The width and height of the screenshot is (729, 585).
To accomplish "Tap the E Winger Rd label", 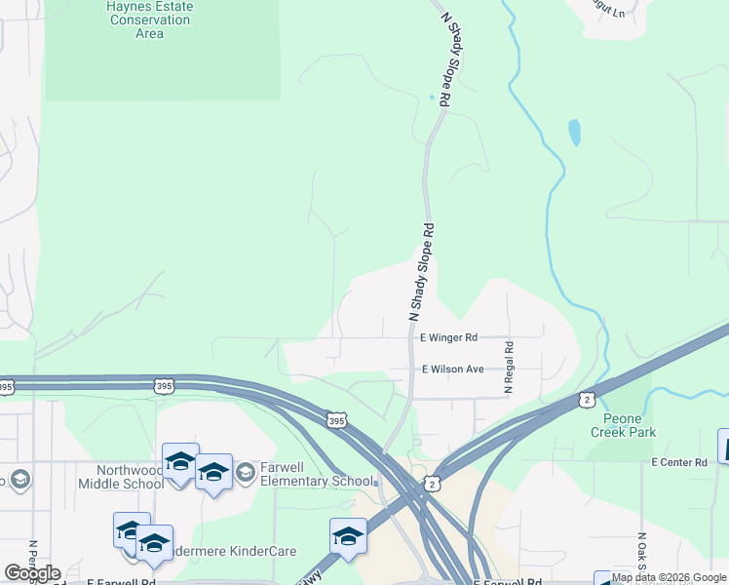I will (448, 337).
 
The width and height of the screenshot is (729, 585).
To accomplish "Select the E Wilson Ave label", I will (452, 370).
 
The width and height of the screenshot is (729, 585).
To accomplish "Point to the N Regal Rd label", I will (508, 367).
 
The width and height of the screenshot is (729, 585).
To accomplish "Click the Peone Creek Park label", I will (623, 425).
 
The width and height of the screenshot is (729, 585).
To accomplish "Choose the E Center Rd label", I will (679, 461).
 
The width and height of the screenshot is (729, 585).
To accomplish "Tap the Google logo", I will (32, 573).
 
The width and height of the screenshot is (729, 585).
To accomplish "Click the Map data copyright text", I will (670, 578).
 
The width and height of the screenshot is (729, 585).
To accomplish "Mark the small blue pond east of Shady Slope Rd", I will (574, 132).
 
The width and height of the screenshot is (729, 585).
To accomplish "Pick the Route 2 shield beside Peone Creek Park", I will (586, 399).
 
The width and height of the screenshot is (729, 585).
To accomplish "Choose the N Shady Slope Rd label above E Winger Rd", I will (421, 272).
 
